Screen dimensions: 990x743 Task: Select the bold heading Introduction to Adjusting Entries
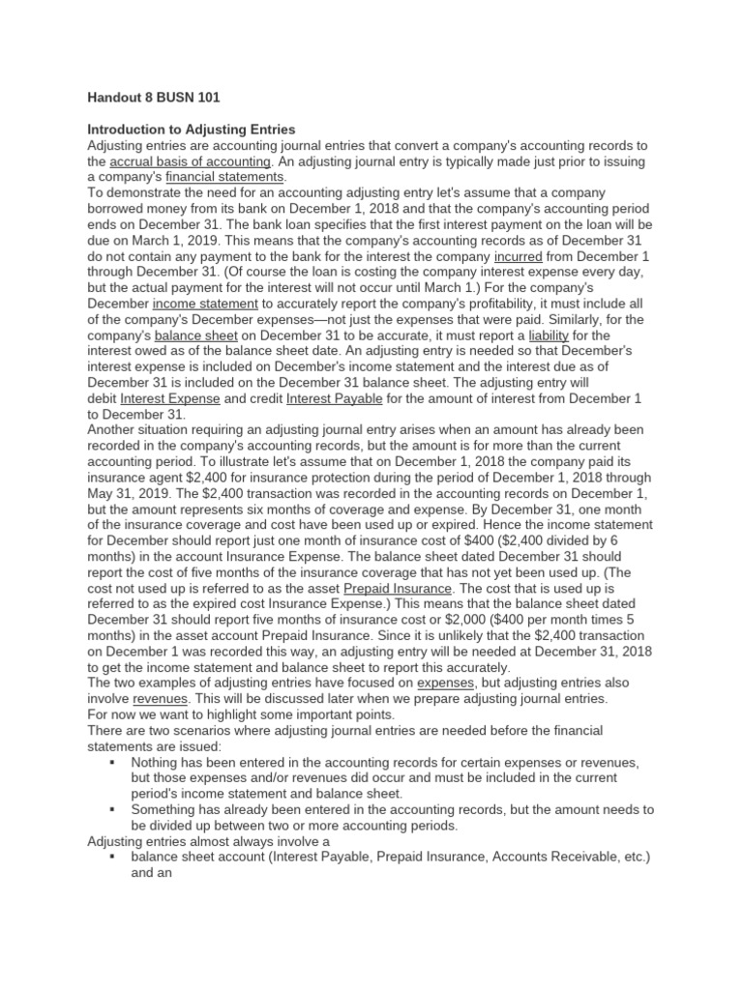pyautogui.click(x=192, y=130)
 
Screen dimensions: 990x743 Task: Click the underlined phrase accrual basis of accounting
pyautogui.click(x=190, y=161)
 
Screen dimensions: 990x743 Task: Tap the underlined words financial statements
pyautogui.click(x=225, y=178)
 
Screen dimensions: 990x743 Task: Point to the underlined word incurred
pyautogui.click(x=519, y=256)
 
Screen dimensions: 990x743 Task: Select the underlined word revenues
pyautogui.click(x=161, y=697)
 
